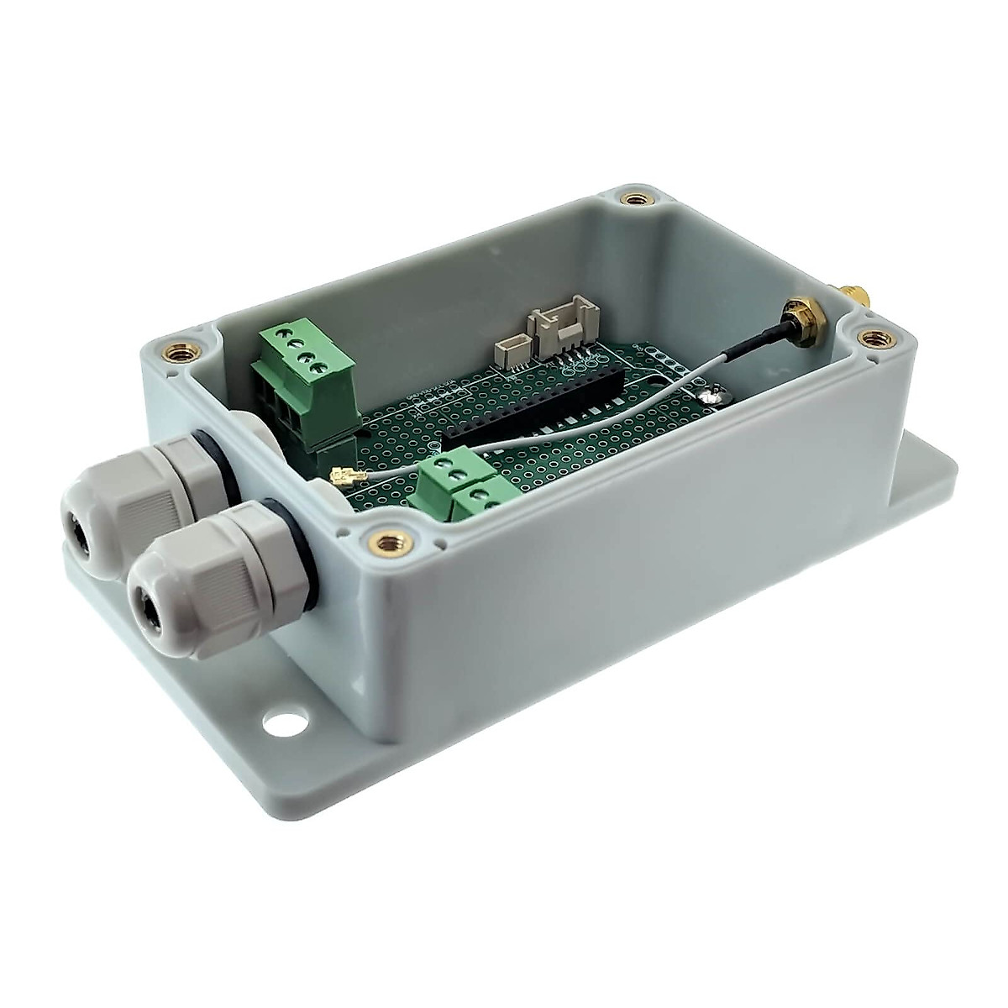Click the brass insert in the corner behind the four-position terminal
click(x=181, y=348)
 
